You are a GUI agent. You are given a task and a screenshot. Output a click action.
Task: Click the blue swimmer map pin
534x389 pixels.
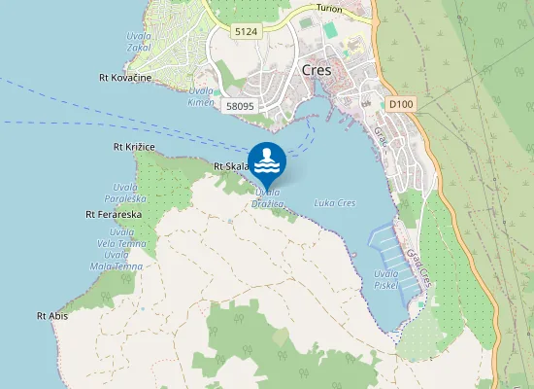pyautogui.click(x=267, y=161)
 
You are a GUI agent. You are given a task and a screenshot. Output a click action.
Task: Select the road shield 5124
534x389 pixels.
pyautogui.click(x=247, y=32)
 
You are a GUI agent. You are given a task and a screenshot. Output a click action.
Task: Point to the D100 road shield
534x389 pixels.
pyautogui.click(x=400, y=103)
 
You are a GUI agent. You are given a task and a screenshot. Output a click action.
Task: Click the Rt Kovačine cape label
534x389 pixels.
pyautogui.click(x=125, y=77)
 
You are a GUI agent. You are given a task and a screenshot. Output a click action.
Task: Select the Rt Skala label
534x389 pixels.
pyautogui.click(x=232, y=166)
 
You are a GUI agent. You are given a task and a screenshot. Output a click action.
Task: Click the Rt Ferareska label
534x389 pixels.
pyautogui.click(x=115, y=213)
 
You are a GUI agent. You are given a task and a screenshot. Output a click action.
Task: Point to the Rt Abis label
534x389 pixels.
pyautogui.click(x=51, y=316)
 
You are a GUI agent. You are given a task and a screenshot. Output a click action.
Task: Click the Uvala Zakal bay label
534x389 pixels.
pyautogui.click(x=138, y=41)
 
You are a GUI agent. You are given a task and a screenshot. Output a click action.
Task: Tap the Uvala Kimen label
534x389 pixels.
pyautogui.click(x=201, y=95)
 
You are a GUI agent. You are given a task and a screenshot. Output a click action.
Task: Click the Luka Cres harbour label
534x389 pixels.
pyautogui.click(x=335, y=203)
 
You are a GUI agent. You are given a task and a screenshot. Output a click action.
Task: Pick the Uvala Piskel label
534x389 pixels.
pyautogui.click(x=386, y=279)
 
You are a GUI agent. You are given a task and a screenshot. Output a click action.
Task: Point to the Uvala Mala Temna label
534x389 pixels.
pyautogui.click(x=122, y=261)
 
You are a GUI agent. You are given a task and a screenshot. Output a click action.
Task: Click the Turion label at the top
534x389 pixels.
pyautogui.click(x=330, y=8)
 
